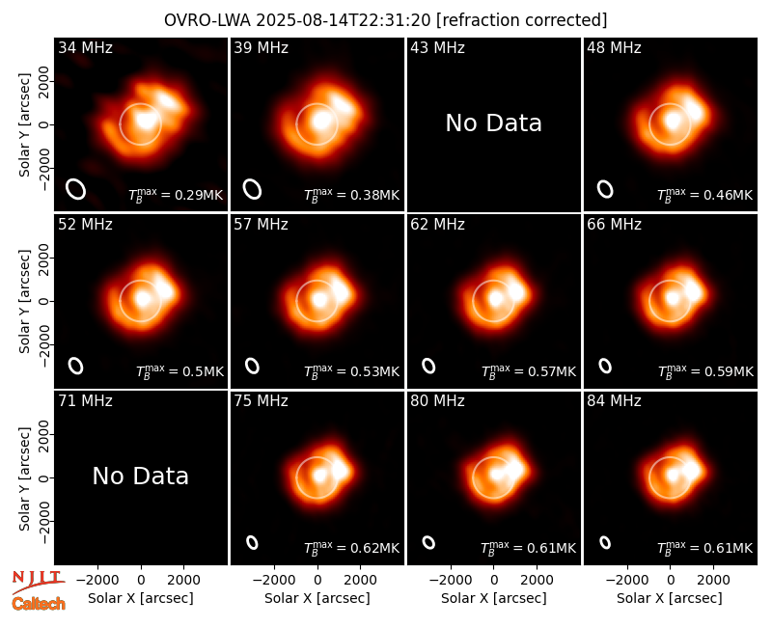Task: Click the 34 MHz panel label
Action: [85, 47]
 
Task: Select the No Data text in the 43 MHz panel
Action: [493, 123]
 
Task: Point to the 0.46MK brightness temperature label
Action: [704, 195]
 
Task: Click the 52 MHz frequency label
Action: [85, 225]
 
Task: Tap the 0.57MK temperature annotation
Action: [528, 371]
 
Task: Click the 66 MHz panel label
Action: [614, 225]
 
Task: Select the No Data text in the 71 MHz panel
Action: [140, 476]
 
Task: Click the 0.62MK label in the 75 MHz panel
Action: [351, 548]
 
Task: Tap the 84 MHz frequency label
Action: [614, 401]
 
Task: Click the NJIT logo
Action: [38, 582]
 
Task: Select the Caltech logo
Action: [39, 604]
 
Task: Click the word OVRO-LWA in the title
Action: [207, 20]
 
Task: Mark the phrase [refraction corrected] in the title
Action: [522, 20]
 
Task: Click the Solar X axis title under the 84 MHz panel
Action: [670, 598]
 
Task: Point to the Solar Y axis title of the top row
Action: [24, 125]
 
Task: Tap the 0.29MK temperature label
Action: [176, 195]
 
